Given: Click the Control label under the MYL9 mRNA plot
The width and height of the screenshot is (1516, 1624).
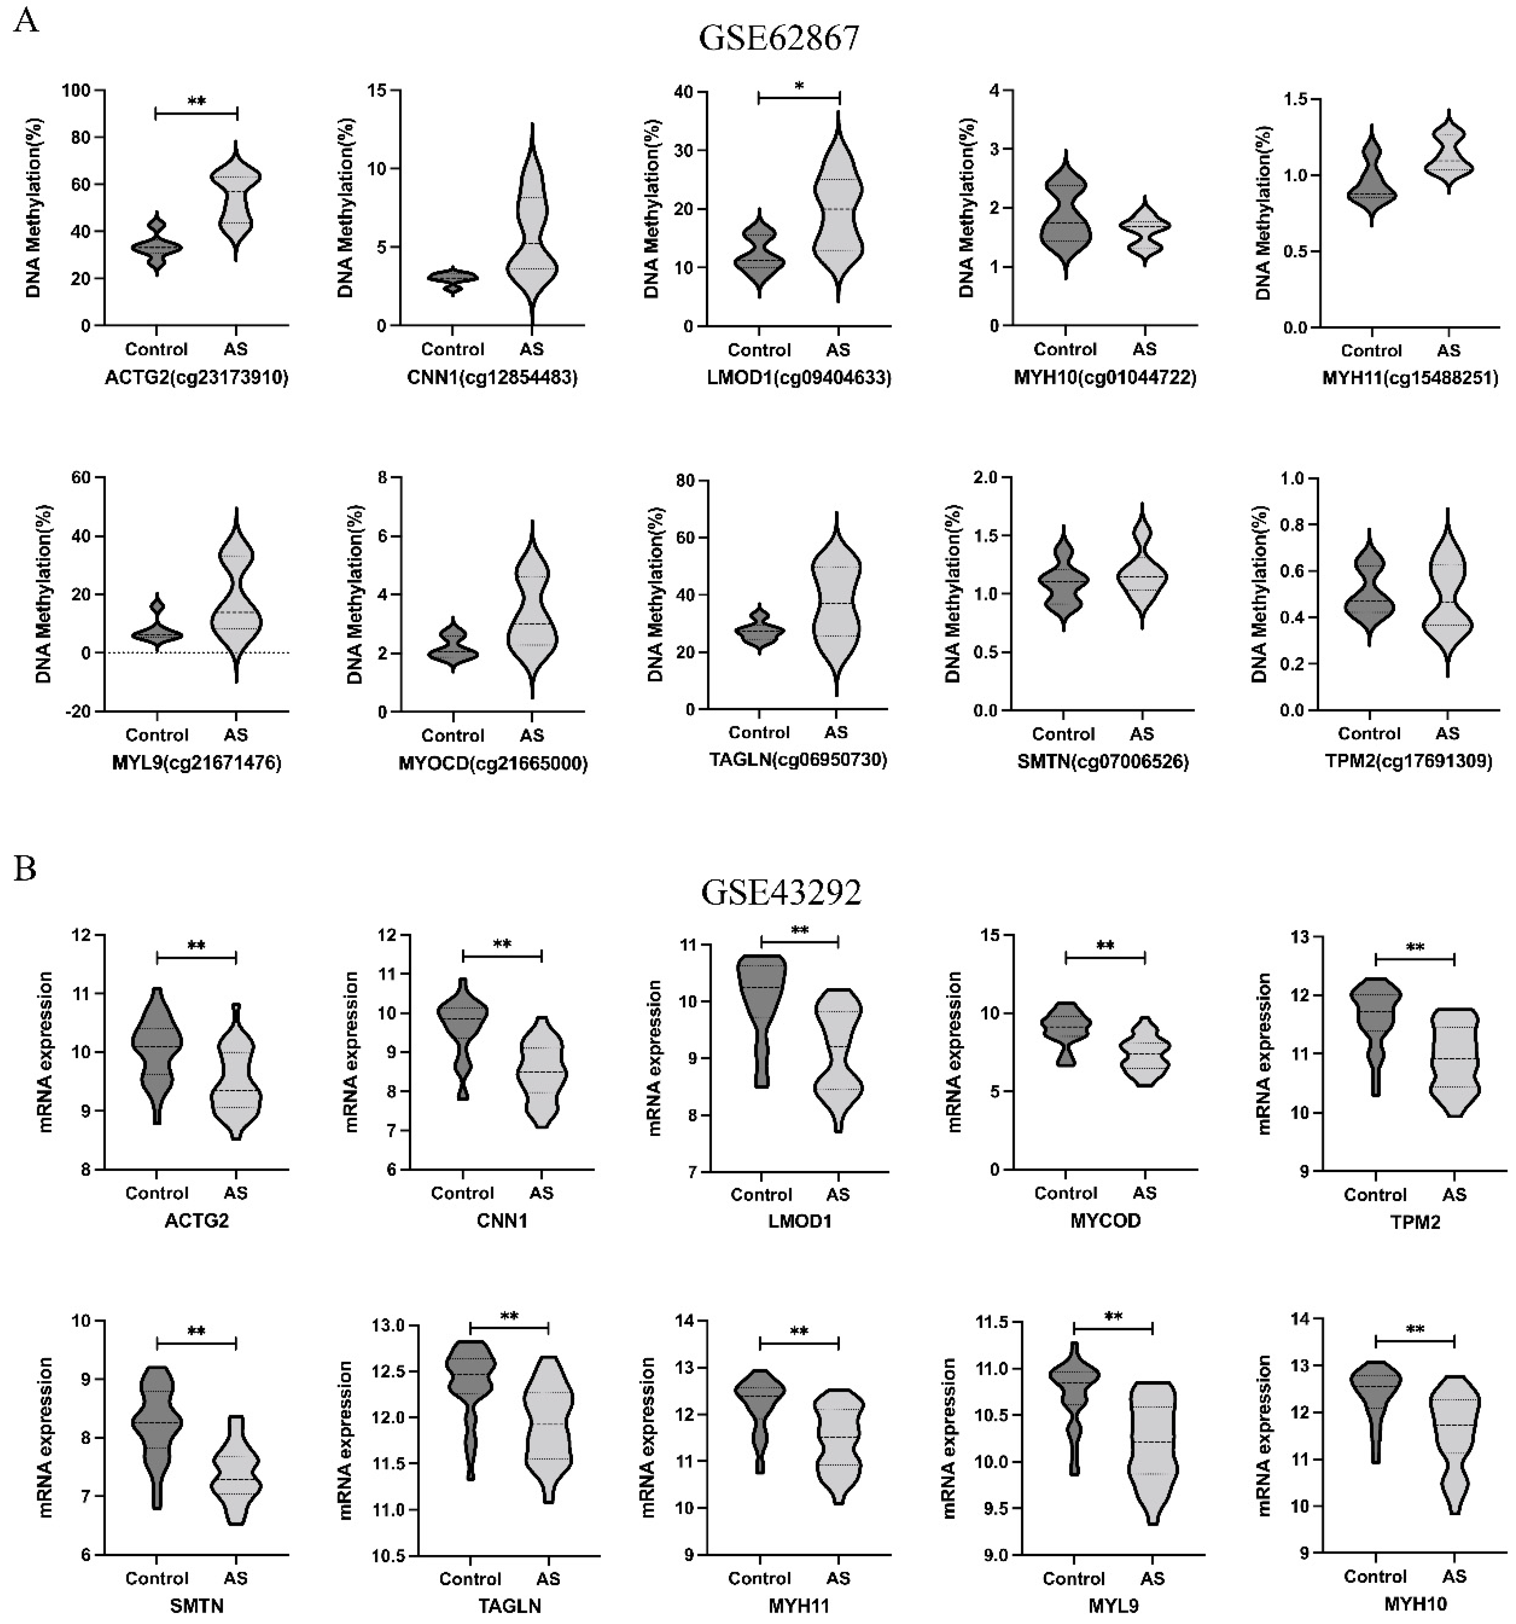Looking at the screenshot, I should coord(1073,1578).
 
